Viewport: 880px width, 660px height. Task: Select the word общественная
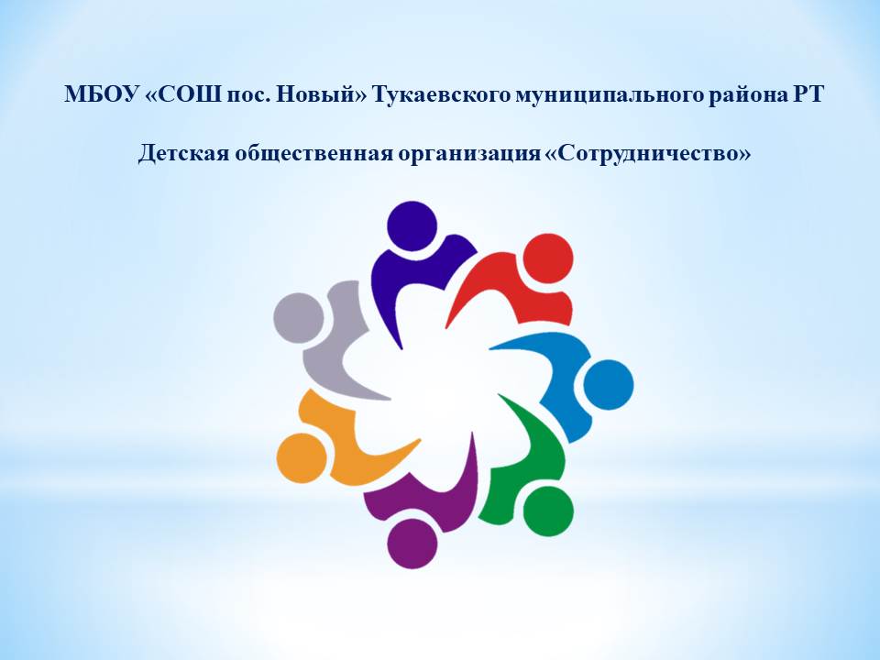pos(313,153)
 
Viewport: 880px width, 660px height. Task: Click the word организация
pos(469,154)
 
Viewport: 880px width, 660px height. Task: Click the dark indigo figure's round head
pos(412,225)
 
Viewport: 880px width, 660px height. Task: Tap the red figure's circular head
pos(548,258)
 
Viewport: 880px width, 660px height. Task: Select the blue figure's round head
pos(609,385)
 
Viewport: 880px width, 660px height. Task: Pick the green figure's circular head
pos(548,511)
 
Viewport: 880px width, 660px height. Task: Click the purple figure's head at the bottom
pos(412,544)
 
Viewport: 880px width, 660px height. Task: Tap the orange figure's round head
pos(302,458)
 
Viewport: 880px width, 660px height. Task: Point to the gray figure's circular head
pos(299,318)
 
